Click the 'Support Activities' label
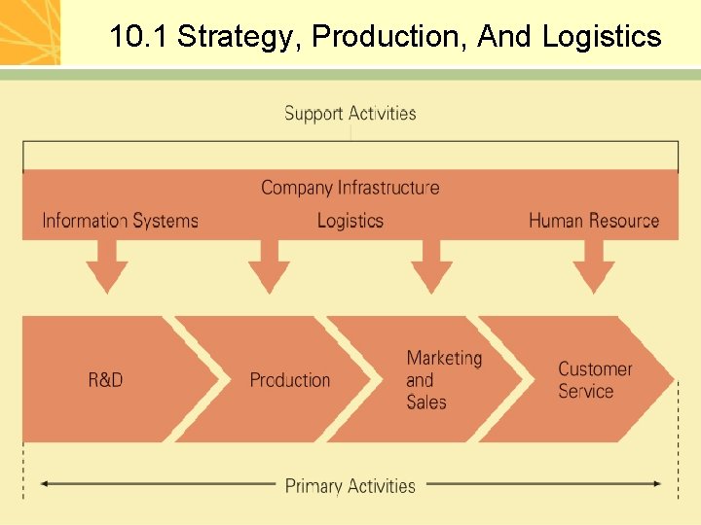pyautogui.click(x=350, y=114)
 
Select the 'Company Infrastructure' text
pyautogui.click(x=350, y=188)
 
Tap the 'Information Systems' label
pyautogui.click(x=120, y=221)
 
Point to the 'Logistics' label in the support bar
pyautogui.click(x=350, y=221)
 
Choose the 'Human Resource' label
pyautogui.click(x=594, y=221)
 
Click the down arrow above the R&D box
pyautogui.click(x=107, y=267)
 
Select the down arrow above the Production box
pyautogui.click(x=269, y=267)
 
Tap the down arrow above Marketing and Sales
pyautogui.click(x=431, y=267)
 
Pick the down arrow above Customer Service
pyautogui.click(x=593, y=267)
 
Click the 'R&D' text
pyautogui.click(x=105, y=380)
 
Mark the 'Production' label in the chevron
pyautogui.click(x=289, y=380)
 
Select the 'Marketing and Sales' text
pyautogui.click(x=443, y=380)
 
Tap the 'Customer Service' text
pyautogui.click(x=594, y=380)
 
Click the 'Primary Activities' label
pyautogui.click(x=350, y=485)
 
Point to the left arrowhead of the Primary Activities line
pyautogui.click(x=45, y=483)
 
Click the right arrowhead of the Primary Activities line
pyautogui.click(x=657, y=483)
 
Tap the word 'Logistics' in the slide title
pyautogui.click(x=602, y=37)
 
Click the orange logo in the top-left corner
pyautogui.click(x=30, y=32)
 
